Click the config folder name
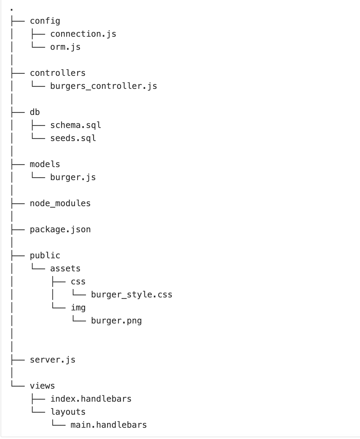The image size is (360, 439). [45, 21]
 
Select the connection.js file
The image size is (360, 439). [83, 34]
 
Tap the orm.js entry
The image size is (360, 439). [65, 47]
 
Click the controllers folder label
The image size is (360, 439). [58, 73]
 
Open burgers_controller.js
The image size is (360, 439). [103, 86]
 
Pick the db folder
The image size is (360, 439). [35, 112]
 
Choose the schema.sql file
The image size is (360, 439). [76, 125]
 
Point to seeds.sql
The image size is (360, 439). [73, 138]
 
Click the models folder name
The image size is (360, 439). [45, 164]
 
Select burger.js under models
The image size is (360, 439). [73, 177]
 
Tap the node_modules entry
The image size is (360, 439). [60, 204]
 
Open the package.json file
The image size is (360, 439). [60, 230]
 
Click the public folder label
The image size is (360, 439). [45, 256]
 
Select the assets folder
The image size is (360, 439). [65, 269]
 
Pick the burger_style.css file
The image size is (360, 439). [131, 295]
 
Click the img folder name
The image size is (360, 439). [78, 308]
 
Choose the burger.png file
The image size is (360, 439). [116, 321]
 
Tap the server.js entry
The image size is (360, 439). [52, 360]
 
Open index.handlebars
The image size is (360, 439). [91, 399]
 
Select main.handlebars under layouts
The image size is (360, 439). [109, 425]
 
